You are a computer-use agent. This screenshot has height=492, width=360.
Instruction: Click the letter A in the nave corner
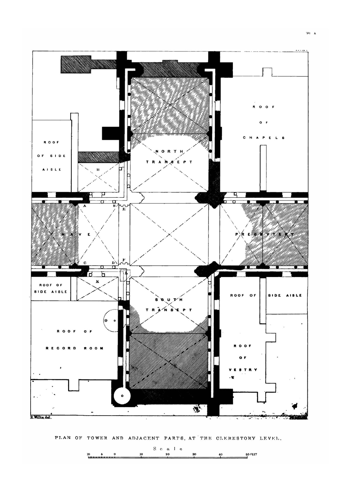click(85, 206)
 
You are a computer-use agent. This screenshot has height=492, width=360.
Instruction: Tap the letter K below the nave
click(97, 281)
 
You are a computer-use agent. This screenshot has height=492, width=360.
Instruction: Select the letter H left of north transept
click(98, 169)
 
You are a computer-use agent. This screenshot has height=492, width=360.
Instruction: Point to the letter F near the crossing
click(124, 260)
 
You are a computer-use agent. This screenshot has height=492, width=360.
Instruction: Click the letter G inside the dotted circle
click(106, 320)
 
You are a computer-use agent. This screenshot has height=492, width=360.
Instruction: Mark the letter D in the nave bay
click(113, 263)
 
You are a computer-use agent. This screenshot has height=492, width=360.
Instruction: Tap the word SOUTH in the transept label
click(169, 300)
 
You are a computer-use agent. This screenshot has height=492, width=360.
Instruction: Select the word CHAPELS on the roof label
click(264, 138)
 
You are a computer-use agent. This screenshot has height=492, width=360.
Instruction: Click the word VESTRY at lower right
click(243, 370)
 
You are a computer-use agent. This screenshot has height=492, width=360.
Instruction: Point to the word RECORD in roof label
click(61, 348)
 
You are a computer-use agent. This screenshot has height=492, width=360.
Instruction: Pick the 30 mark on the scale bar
click(194, 455)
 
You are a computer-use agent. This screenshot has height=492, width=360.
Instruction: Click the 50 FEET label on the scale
click(251, 455)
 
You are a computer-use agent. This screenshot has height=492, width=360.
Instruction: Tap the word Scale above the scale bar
click(168, 449)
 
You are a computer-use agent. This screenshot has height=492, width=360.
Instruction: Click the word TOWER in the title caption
click(97, 438)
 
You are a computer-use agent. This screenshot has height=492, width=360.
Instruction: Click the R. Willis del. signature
click(41, 418)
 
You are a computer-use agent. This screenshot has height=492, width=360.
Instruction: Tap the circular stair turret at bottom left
click(122, 395)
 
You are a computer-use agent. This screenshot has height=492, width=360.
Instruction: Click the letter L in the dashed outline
click(126, 273)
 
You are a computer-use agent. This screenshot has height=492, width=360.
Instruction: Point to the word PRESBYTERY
click(265, 234)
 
